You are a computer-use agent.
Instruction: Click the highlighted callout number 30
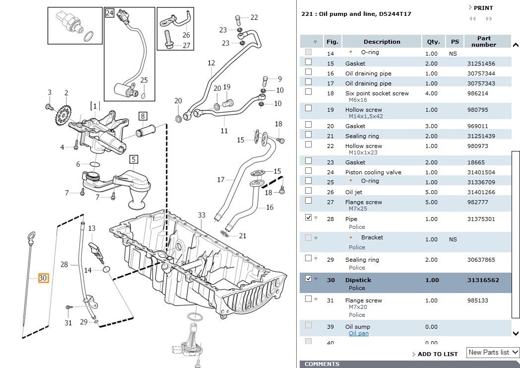point(43,278)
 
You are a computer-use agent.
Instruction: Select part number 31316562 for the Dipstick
point(483,280)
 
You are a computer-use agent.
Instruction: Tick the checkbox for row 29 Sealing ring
point(308,258)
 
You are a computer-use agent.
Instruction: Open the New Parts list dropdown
point(493,352)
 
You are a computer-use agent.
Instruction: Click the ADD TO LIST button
point(437,354)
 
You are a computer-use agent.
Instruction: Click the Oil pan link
point(358,334)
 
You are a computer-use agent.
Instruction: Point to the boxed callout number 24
point(109,13)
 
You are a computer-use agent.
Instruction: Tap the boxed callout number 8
point(142,117)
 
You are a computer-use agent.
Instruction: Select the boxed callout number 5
point(133,159)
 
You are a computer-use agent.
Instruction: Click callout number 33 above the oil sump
point(201,215)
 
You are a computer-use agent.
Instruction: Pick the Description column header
point(381,42)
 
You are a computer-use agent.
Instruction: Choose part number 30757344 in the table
point(481,74)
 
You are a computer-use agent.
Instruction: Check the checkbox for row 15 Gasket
point(308,62)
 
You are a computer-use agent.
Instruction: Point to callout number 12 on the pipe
point(211,63)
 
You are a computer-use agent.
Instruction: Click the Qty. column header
point(431,42)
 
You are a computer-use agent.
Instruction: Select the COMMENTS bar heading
point(322,364)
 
